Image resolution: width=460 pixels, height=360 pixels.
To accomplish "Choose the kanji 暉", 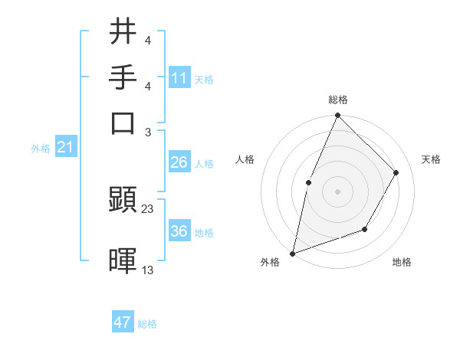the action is (123, 260).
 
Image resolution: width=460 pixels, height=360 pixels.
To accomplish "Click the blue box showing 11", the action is (179, 78).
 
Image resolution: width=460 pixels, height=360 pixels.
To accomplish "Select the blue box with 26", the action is (179, 162).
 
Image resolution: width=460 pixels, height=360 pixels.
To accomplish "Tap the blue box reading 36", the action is (179, 231).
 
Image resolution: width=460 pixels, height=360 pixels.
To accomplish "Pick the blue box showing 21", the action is (64, 147).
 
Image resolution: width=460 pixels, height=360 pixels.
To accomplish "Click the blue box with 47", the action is (123, 322).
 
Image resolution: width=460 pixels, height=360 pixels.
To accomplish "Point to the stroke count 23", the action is (148, 209).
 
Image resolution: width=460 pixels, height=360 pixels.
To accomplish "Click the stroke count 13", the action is (148, 270).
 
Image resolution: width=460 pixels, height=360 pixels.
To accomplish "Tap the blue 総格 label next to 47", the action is (147, 324).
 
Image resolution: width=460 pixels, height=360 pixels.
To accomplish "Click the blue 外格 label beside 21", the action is (41, 149).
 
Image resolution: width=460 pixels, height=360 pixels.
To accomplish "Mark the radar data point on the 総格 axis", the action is (337, 116).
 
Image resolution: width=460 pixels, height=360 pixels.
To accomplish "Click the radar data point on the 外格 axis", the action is (292, 253).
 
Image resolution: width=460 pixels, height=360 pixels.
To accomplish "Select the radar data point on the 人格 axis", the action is (309, 182).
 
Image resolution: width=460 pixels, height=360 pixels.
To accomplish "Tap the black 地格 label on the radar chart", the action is (402, 263).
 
